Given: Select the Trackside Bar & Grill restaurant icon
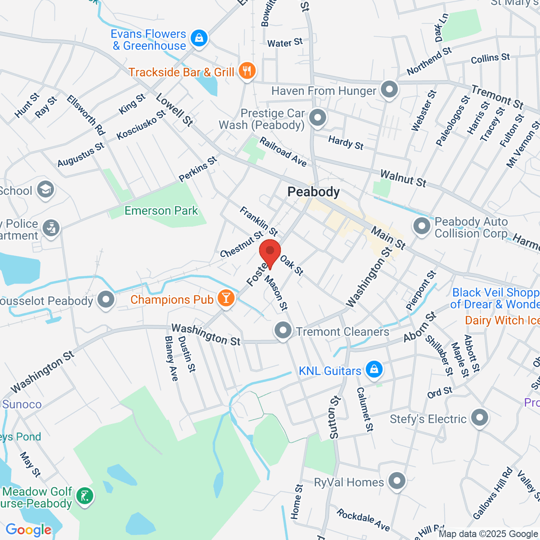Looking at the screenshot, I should [247, 72].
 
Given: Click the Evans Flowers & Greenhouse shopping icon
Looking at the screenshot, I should [198, 39].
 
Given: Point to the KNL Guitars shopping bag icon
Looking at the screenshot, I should [373, 370].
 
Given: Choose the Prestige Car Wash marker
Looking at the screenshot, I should [318, 118].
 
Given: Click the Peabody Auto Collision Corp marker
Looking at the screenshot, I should [422, 227].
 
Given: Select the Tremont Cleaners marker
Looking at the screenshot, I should [283, 331].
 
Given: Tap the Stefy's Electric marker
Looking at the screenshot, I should [480, 418].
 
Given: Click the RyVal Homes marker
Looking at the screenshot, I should [397, 481].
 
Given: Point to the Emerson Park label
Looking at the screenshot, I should [161, 211].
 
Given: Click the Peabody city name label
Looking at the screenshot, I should [314, 192].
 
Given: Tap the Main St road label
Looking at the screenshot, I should [388, 238].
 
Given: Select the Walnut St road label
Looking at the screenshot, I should [403, 178].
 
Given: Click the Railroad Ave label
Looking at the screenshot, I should [283, 152].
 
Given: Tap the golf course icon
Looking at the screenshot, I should [85, 497].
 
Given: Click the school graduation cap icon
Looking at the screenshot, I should [45, 190].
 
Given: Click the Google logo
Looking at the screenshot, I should [28, 530].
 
